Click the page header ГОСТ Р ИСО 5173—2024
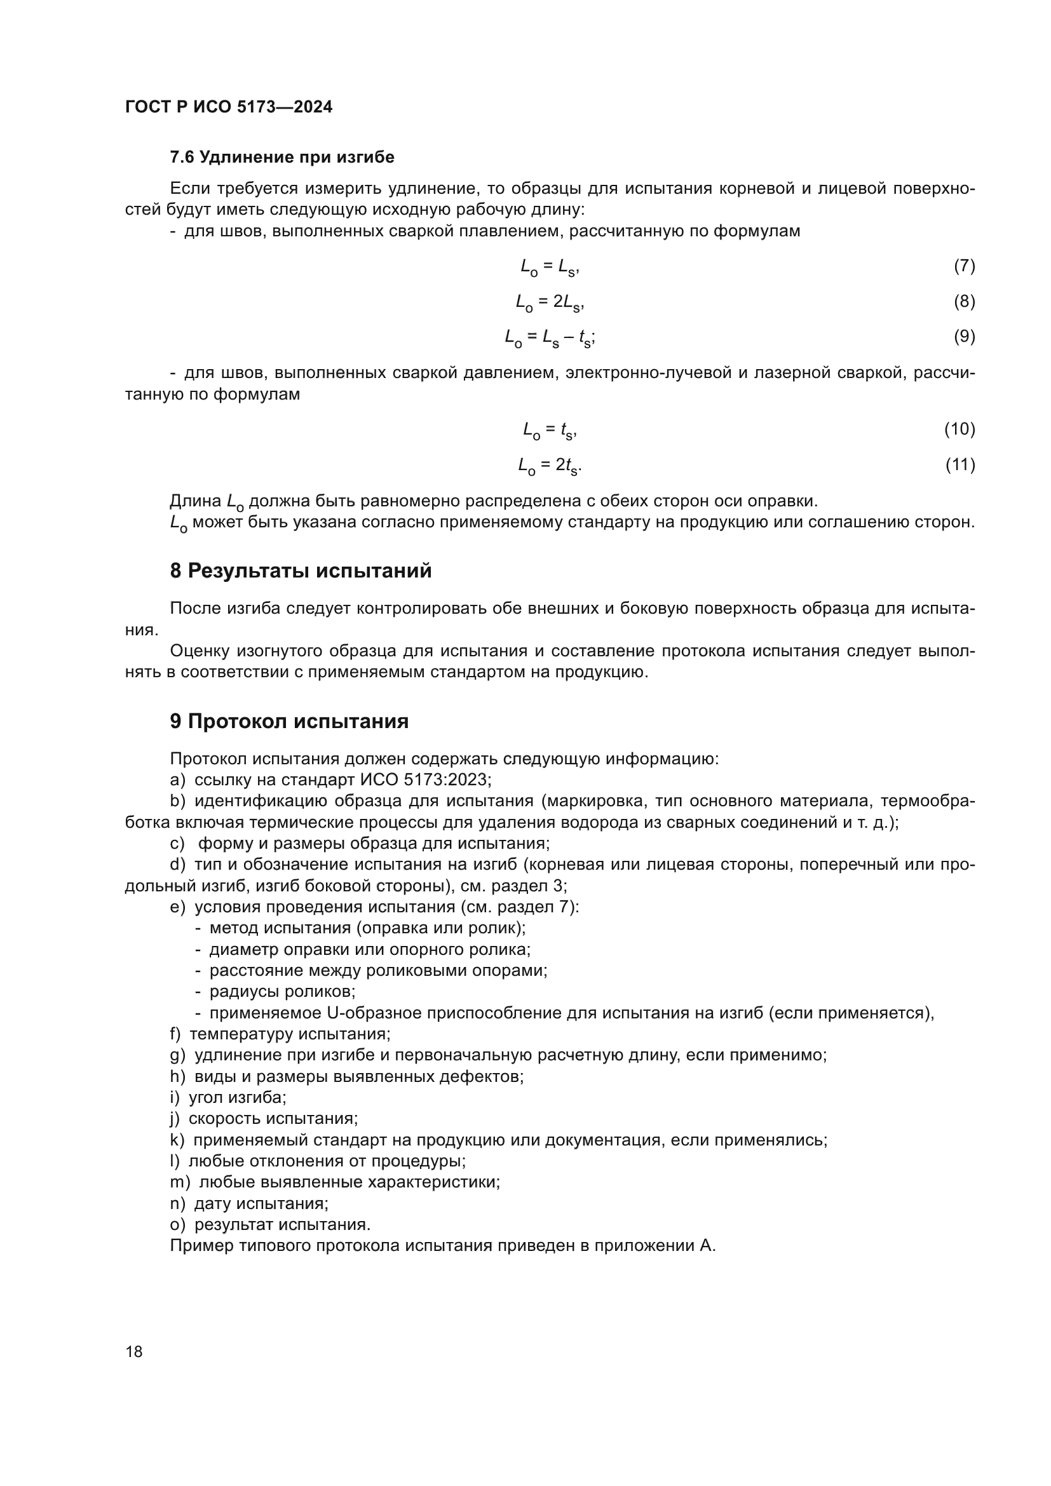(x=229, y=107)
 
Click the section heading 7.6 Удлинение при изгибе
(x=281, y=158)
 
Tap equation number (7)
(x=964, y=266)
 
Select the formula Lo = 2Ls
(x=550, y=302)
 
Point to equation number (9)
(x=964, y=337)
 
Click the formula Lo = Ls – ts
(x=550, y=337)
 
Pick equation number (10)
(x=959, y=429)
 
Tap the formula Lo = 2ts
(x=550, y=465)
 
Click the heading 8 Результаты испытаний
(x=301, y=571)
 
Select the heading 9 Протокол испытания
(x=288, y=721)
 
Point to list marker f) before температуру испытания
(x=175, y=1034)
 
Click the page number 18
(x=134, y=1351)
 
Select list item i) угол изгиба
(x=228, y=1097)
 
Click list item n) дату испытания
(x=249, y=1203)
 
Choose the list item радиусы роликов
(x=282, y=992)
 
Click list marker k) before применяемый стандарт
(x=177, y=1140)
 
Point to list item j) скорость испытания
(x=264, y=1118)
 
